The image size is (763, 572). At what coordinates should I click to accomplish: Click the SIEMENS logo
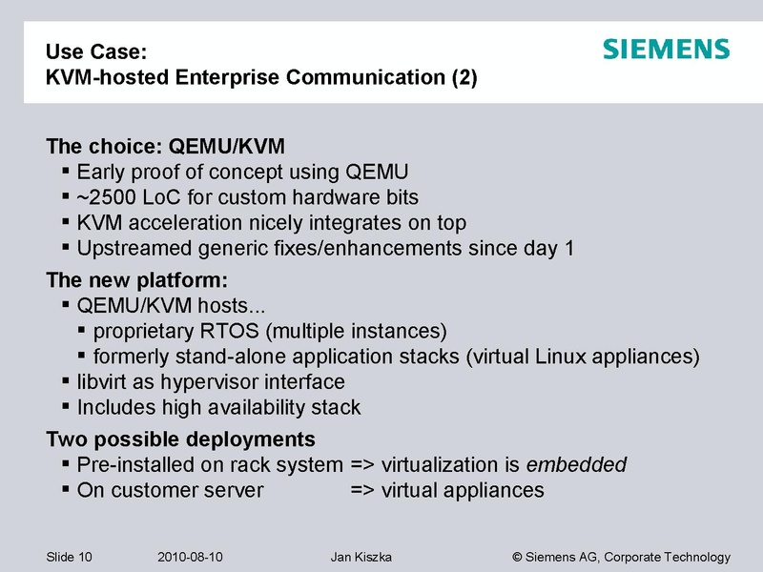coord(666,50)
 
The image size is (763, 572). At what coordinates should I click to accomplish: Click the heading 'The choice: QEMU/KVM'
coord(165,148)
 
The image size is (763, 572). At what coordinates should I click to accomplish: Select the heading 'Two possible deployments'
coord(180,440)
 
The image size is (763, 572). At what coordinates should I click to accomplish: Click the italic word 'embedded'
coord(577,465)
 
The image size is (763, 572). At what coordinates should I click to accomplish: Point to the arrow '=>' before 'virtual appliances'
coord(362,491)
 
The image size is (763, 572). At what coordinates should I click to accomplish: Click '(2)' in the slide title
coord(463,76)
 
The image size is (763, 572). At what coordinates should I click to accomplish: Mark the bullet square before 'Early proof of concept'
coord(65,172)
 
